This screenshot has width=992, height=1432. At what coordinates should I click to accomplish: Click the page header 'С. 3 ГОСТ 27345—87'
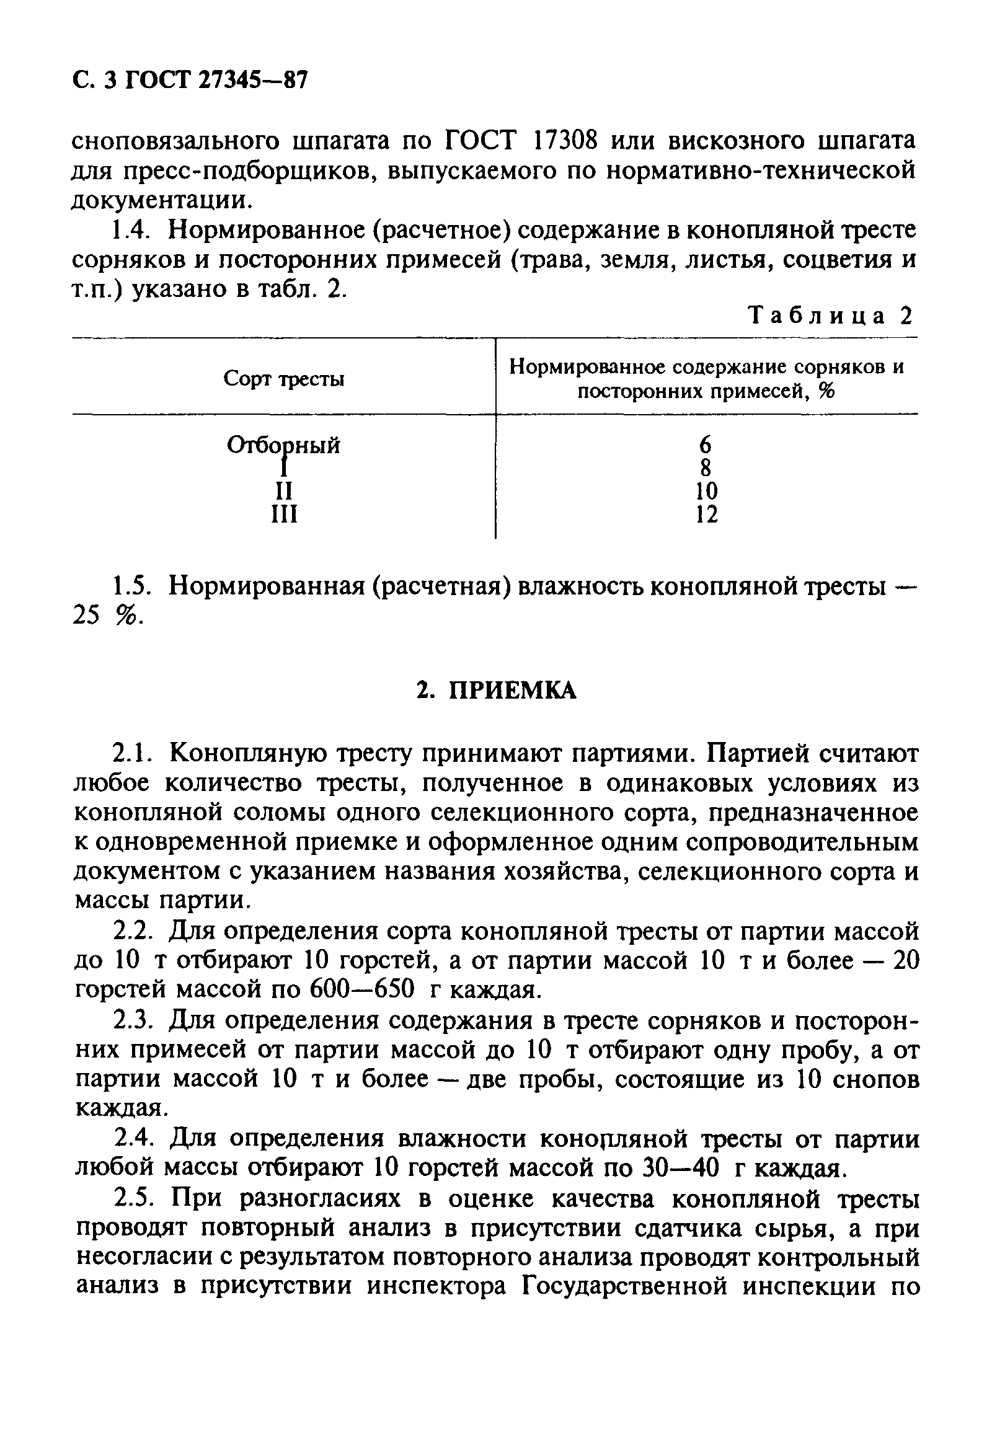click(x=190, y=81)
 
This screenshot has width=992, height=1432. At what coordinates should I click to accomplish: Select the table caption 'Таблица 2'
click(x=832, y=316)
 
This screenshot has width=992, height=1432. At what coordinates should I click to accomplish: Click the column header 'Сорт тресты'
click(x=284, y=379)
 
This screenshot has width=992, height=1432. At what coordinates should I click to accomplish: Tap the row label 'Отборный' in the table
click(x=284, y=445)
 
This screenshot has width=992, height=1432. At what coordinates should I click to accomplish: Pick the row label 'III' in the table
click(x=285, y=515)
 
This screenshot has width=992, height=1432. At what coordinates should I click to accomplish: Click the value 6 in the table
click(x=705, y=445)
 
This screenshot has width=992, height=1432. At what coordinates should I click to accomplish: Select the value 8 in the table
click(x=706, y=468)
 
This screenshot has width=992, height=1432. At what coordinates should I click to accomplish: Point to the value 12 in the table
click(x=706, y=515)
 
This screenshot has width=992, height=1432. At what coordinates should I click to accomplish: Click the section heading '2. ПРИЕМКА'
click(x=497, y=691)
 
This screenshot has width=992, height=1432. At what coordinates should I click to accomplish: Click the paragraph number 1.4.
click(x=132, y=231)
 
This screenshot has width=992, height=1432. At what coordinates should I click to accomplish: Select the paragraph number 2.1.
click(x=133, y=754)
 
